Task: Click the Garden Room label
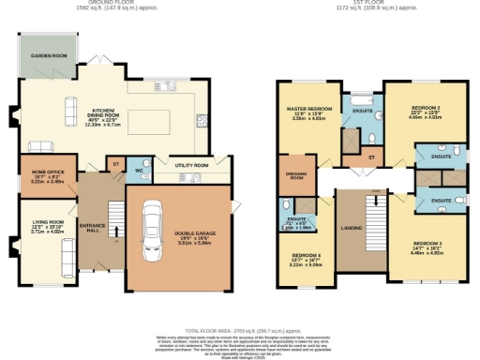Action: tap(50, 55)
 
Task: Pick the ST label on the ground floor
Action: tap(115, 164)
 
